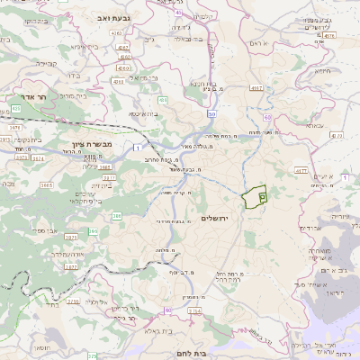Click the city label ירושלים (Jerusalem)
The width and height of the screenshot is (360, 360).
pos(217,219)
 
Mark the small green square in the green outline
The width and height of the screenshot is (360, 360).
pos(262,195)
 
